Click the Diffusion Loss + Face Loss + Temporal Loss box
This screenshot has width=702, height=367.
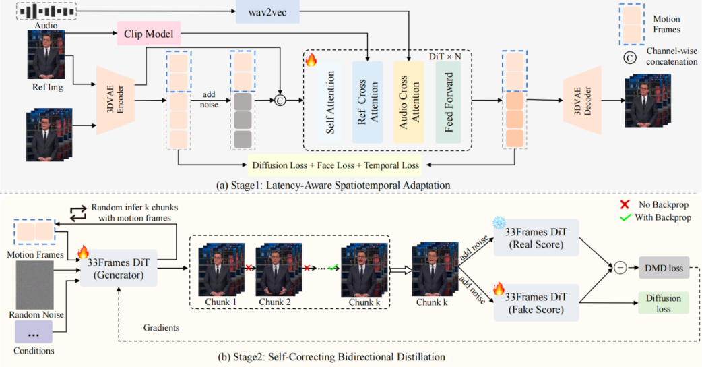pyautogui.click(x=335, y=165)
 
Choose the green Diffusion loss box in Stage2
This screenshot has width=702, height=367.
pyautogui.click(x=664, y=303)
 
